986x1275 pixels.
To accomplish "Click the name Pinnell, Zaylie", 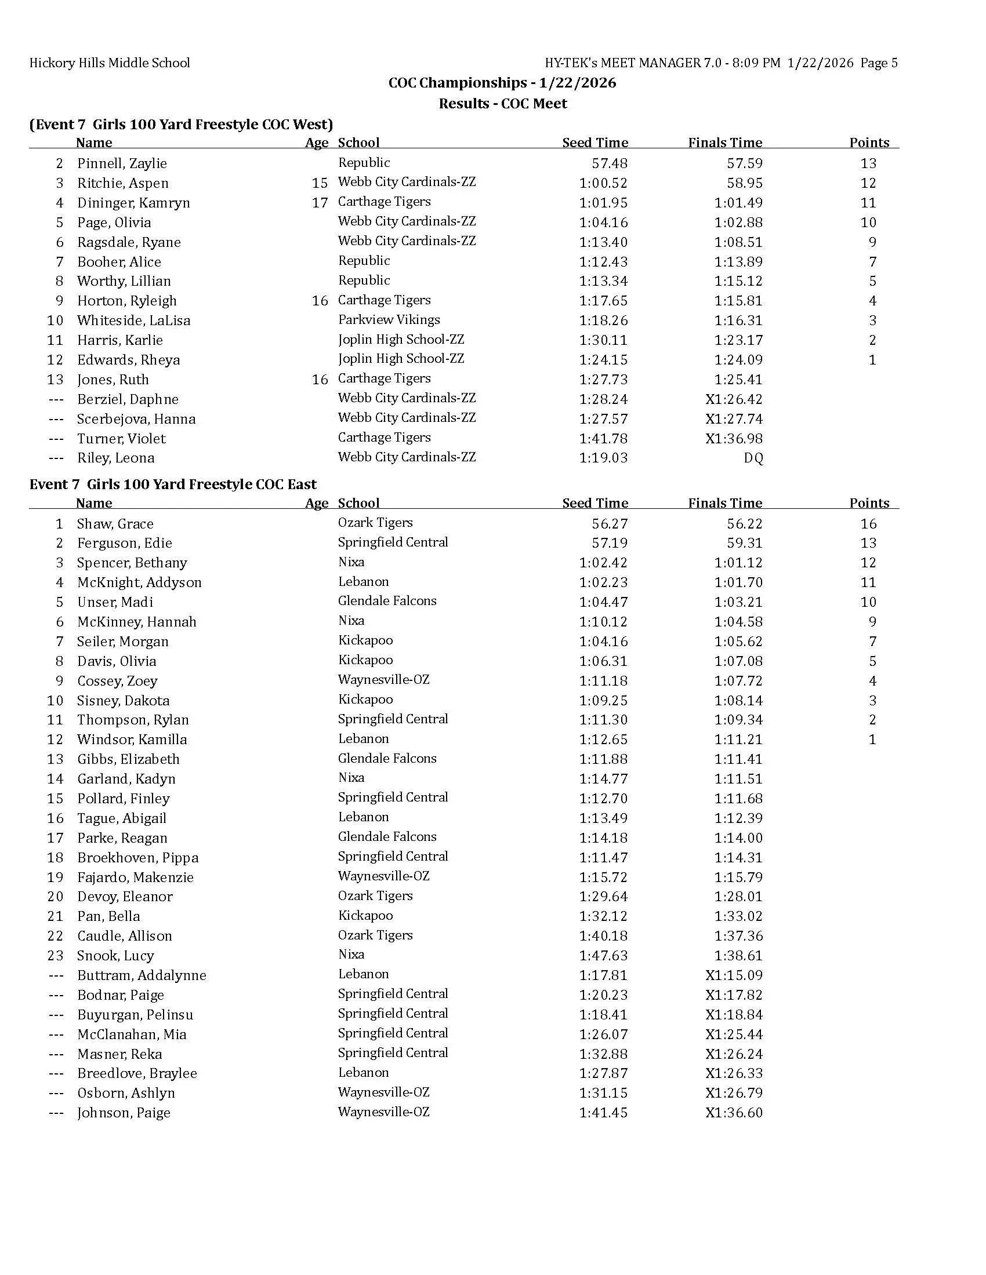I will click(121, 163).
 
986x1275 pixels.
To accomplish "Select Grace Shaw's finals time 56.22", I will click(745, 524).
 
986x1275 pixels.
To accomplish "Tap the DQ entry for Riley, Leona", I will click(753, 458).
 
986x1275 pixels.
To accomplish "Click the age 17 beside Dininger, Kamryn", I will click(320, 203).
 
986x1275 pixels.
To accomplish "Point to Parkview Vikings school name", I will click(389, 320).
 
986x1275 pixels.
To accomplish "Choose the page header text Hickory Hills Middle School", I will click(110, 63).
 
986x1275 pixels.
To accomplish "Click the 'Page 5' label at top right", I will click(879, 63).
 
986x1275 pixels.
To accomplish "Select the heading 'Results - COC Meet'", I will click(503, 103).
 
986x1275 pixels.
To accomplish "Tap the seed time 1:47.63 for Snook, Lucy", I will click(603, 955).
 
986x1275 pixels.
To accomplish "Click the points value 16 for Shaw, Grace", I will click(868, 524).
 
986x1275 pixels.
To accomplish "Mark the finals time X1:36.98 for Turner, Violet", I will click(734, 439).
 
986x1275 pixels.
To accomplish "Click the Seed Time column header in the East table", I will click(594, 503).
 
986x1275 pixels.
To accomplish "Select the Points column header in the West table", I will click(869, 143).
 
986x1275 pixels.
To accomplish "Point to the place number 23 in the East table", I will click(56, 955).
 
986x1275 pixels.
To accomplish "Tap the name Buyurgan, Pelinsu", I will click(135, 1014).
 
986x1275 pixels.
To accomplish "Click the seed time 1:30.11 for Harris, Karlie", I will click(603, 340).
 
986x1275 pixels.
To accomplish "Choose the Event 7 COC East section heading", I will click(173, 484).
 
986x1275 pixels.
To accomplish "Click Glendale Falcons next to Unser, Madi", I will click(387, 601).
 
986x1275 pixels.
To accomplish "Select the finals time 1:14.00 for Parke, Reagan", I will click(738, 837).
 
